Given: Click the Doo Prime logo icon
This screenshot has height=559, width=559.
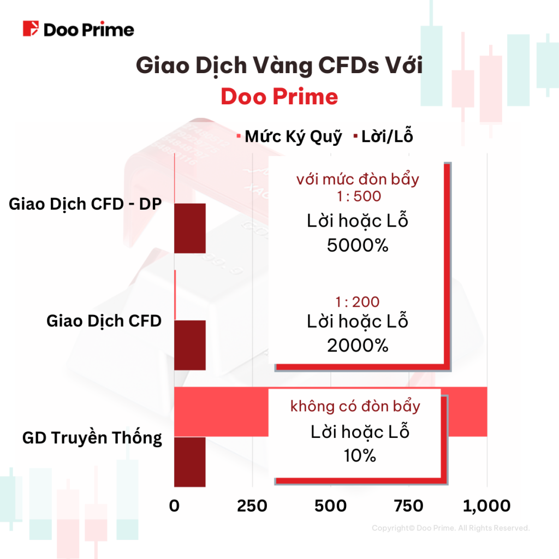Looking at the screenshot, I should [31, 29].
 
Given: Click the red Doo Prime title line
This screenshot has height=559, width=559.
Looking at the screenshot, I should [279, 97].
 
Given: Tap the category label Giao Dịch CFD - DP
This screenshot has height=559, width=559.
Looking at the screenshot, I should [86, 204].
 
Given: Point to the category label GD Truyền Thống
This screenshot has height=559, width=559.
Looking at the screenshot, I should [92, 438].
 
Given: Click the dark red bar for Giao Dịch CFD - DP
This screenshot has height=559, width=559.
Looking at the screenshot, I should [189, 228].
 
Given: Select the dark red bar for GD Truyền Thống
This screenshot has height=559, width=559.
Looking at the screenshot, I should [189, 461].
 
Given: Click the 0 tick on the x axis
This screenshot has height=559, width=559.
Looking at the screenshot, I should [174, 506].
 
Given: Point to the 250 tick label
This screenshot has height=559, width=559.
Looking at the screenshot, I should [252, 506].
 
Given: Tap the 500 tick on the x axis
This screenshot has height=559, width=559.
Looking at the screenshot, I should [330, 506].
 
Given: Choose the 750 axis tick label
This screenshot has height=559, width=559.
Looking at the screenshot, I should [408, 506].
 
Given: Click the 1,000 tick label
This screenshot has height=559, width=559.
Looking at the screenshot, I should [486, 506].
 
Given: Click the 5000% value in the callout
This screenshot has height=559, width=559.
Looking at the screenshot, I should [358, 245].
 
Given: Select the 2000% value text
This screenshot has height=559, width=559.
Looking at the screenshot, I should [358, 345].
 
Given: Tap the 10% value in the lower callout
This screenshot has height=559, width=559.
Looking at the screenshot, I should [360, 455].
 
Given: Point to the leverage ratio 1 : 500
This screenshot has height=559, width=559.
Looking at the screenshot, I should [358, 197].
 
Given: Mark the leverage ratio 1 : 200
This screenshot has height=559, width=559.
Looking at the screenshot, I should [358, 302].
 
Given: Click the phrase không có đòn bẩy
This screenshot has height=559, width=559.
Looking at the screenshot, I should [355, 406].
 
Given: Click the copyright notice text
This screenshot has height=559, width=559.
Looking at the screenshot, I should [450, 528].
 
